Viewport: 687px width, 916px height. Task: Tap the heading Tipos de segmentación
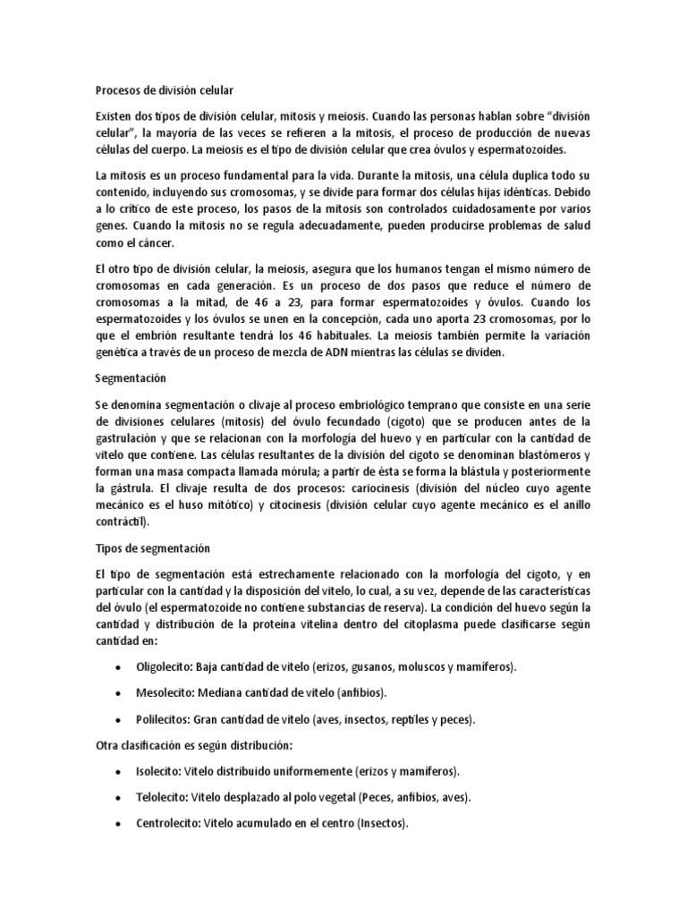[x=151, y=547]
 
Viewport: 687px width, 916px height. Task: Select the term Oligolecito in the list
[x=165, y=667]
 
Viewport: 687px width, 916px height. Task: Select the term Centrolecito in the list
[x=167, y=823]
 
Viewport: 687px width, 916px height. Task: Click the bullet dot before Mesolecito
[x=119, y=694]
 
